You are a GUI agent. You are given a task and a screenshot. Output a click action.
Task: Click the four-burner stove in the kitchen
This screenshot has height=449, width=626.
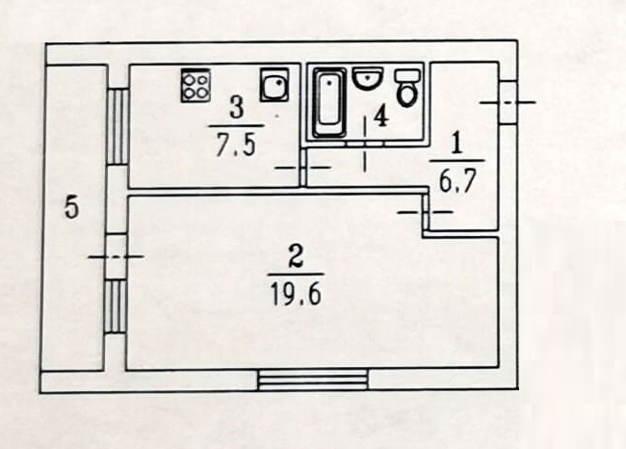coord(196,85)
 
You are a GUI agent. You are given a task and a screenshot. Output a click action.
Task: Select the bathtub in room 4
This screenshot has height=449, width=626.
coord(329,102)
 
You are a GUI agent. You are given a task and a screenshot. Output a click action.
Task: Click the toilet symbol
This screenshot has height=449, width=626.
coord(407,89)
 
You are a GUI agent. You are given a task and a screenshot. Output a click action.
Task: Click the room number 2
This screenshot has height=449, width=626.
coord(296,257)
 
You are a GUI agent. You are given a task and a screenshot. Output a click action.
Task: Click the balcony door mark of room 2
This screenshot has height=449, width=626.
coord(115,255)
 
